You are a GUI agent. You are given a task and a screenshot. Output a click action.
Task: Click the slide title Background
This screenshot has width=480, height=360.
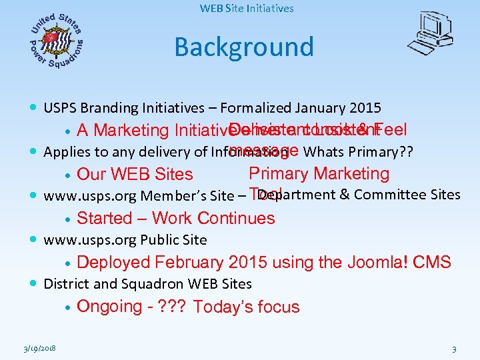tap(243, 47)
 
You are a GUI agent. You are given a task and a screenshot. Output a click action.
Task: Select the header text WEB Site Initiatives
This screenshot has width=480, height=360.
tap(247, 9)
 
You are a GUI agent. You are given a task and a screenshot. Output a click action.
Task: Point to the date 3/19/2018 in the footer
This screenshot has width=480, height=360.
tap(38, 349)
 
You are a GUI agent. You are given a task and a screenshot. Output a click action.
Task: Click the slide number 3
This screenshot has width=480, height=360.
tap(454, 349)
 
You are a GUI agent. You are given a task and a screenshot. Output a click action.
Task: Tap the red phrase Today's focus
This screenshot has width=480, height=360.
tap(247, 307)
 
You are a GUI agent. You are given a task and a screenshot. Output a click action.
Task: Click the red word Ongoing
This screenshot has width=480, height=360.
tap(109, 307)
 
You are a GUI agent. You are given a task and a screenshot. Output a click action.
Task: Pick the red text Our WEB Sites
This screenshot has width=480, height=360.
tap(135, 175)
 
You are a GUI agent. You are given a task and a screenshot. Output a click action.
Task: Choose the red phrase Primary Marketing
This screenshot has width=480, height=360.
tap(319, 174)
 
